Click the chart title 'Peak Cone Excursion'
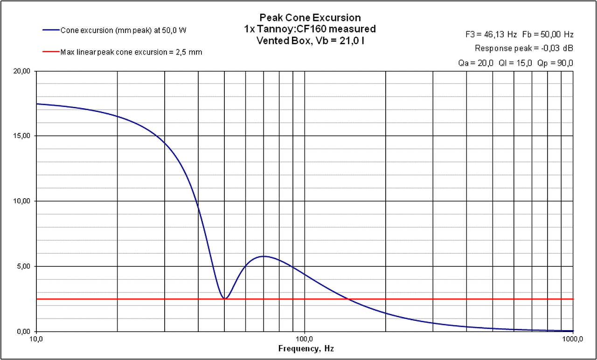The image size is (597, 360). (310, 18)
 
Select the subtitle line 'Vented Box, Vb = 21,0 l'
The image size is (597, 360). (310, 40)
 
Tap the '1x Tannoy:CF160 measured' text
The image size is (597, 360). (310, 29)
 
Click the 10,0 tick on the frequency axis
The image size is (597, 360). (36, 339)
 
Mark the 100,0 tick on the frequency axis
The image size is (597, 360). (305, 339)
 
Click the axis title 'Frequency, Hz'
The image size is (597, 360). (306, 348)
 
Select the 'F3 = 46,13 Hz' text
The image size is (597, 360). (492, 35)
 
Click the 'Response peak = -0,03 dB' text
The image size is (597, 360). (524, 48)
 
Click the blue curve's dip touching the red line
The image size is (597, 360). (225, 298)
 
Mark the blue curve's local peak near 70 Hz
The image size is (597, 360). (264, 256)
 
